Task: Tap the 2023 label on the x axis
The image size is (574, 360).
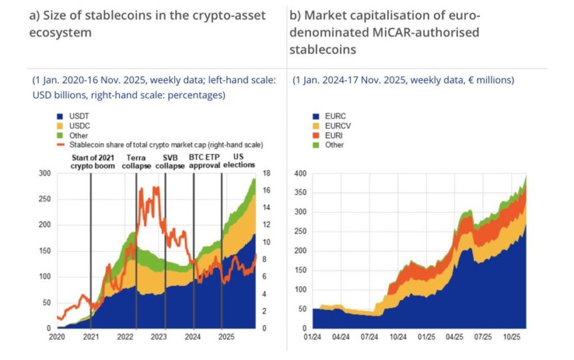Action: [x=159, y=338]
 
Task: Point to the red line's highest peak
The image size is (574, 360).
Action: [x=156, y=187]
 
